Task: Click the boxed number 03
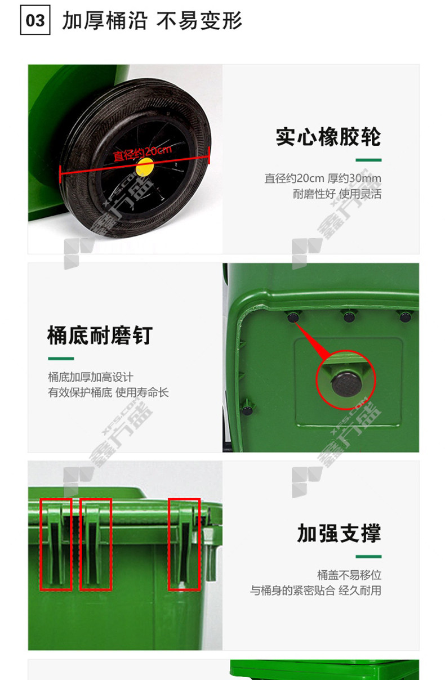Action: coord(35,20)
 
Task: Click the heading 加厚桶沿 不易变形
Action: coord(152,21)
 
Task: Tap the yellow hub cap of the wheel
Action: coord(145,168)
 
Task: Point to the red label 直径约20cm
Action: coord(142,153)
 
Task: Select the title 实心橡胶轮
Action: coord(328,137)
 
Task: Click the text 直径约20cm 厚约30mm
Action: coord(323,178)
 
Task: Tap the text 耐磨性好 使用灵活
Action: coord(337,194)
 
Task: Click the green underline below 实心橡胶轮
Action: coord(368,160)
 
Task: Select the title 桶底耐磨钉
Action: coord(100,335)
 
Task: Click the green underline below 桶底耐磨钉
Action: coord(61,359)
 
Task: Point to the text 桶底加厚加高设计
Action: coord(91,377)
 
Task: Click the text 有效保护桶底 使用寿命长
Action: coord(108,392)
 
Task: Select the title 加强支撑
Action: coord(339,534)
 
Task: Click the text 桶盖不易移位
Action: coord(349,575)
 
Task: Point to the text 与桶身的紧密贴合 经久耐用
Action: coord(315,590)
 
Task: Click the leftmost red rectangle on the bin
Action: coord(41,544)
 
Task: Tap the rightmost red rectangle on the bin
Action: coord(169,544)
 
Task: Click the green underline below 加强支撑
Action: coord(368,557)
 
